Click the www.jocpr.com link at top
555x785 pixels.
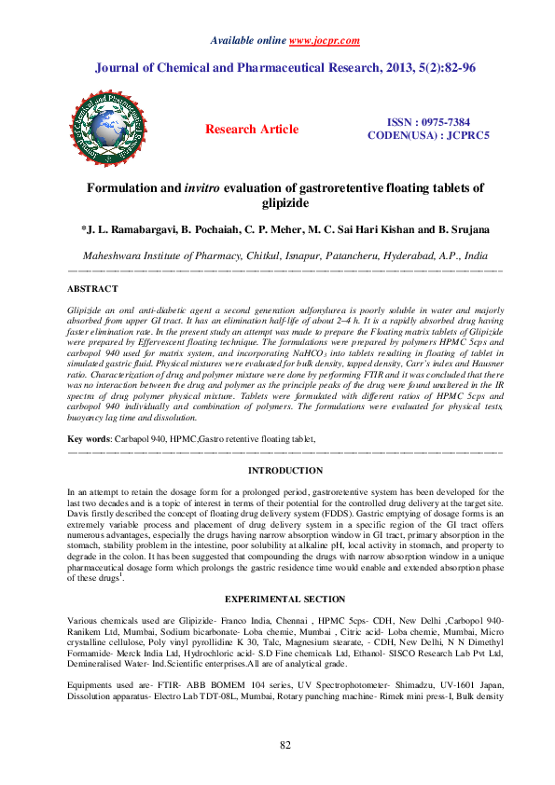coord(324,41)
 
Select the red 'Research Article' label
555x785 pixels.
coord(252,130)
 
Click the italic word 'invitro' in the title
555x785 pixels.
coord(237,187)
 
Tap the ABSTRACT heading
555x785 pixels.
coord(93,289)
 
